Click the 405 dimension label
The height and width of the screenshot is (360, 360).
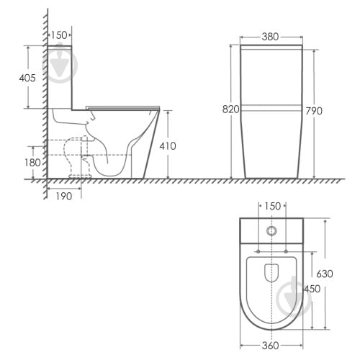click(x=27, y=78)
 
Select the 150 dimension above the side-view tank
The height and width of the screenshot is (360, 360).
click(x=59, y=35)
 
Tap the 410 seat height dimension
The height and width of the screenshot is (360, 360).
click(x=168, y=146)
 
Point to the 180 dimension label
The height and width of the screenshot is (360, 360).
click(x=32, y=163)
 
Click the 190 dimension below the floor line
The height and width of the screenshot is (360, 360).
click(x=64, y=197)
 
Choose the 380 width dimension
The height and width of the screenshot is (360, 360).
click(x=270, y=37)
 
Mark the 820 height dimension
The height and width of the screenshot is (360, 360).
click(x=231, y=109)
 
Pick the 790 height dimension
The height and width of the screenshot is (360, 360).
click(x=314, y=111)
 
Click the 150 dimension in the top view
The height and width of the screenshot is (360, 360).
click(x=272, y=206)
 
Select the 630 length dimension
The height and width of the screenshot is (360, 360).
click(x=325, y=274)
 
